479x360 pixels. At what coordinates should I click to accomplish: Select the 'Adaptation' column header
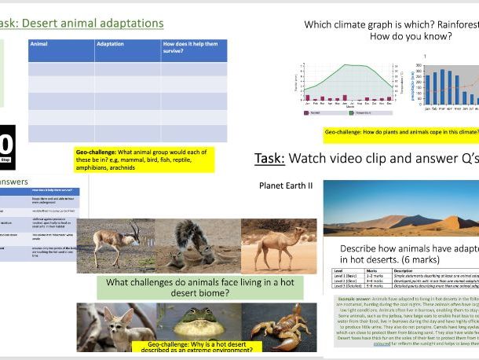pos(110,46)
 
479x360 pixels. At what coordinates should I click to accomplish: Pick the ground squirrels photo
pos(193,245)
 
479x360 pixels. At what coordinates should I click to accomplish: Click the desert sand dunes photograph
pos(400,209)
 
